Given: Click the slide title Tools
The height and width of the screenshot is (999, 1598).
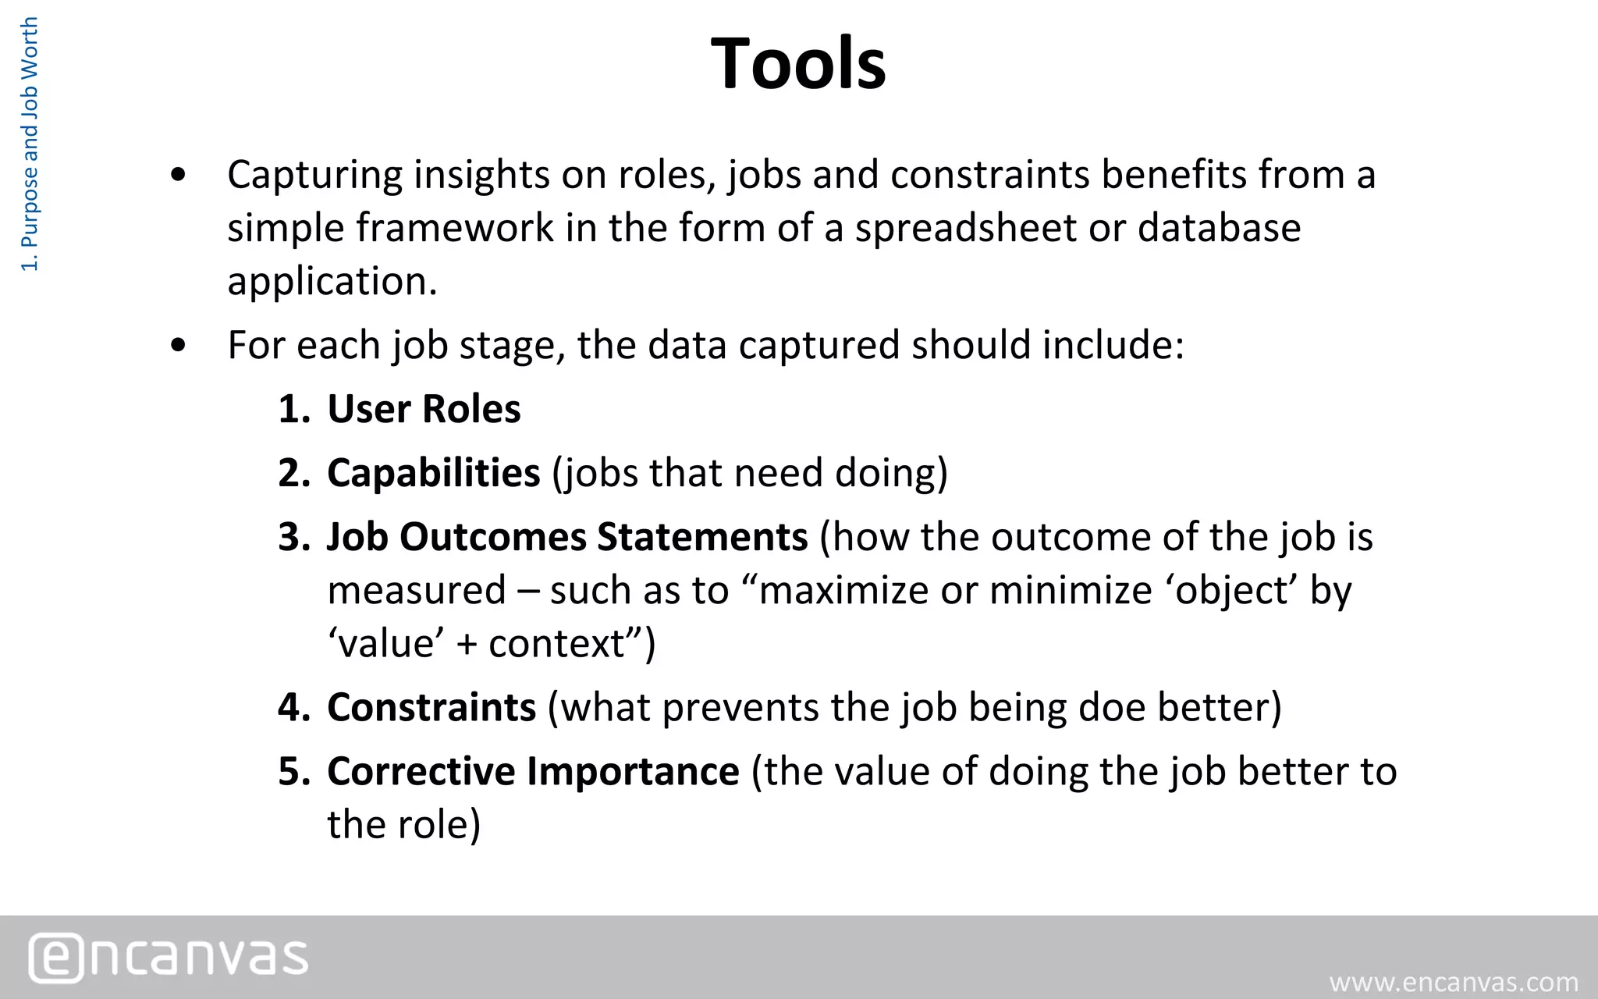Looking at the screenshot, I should pos(798,64).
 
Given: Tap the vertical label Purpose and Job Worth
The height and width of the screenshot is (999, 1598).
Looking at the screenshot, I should pos(30,145).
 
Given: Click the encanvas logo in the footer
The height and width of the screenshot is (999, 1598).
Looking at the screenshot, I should pos(169,957).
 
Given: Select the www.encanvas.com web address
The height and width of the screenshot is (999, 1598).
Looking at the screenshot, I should pos(1454,982).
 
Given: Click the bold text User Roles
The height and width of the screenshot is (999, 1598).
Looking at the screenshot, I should pos(424,409).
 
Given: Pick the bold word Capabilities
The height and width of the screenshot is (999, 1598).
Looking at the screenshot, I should pos(433,473).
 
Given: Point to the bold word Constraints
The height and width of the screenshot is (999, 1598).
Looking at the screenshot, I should pos(431,707).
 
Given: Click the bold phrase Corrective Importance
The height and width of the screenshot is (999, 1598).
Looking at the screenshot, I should pos(533,771).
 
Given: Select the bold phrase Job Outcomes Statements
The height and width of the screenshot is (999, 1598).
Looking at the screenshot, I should pos(567,537).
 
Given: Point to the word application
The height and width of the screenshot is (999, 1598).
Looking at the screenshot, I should pos(332,281).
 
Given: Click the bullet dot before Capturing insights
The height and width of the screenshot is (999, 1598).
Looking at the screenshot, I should pos(179,175).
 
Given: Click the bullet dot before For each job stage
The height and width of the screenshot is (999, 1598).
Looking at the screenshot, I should pos(179,345).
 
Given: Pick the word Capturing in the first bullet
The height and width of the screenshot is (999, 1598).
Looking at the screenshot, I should pos(314,175).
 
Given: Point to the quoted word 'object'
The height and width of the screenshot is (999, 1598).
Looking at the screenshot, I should pos(1232,590).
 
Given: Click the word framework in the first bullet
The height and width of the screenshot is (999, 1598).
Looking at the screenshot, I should pos(455,228).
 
